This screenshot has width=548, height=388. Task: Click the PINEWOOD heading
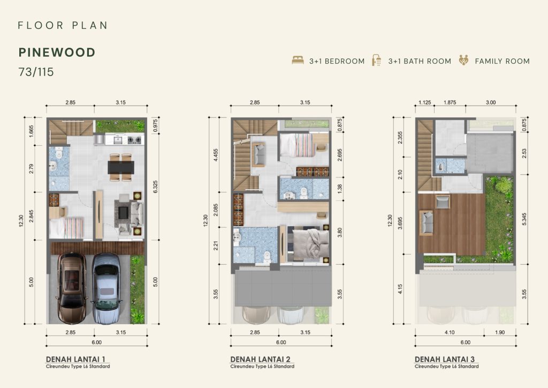[57, 53]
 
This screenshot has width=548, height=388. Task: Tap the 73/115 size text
[36, 72]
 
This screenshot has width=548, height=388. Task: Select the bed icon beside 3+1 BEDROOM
[298, 60]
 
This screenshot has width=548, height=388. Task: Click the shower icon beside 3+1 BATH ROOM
[376, 60]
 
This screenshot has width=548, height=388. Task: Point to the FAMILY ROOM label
[502, 61]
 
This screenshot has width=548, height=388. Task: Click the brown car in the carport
[72, 283]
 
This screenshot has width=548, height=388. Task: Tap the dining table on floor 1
[121, 167]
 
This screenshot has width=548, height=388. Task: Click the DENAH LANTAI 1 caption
[75, 359]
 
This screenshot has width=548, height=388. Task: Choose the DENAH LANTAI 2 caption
[260, 359]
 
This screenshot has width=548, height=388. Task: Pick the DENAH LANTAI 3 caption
[445, 359]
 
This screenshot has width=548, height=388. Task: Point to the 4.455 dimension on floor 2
[216, 155]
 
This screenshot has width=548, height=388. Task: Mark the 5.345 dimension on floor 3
[524, 219]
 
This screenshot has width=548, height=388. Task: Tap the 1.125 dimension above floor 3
[424, 102]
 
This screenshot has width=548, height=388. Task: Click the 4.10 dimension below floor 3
[450, 332]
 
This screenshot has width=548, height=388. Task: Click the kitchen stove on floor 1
[134, 140]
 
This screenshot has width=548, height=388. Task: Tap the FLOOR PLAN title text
[63, 25]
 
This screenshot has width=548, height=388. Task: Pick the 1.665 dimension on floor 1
[31, 131]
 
